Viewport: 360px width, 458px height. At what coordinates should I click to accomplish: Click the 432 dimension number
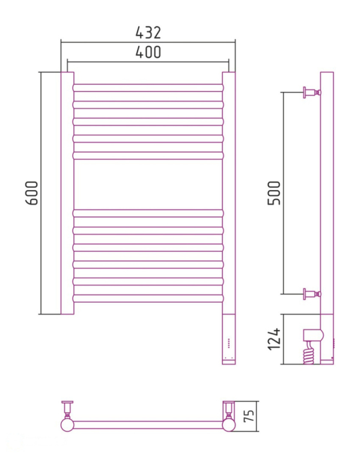coord(148,32)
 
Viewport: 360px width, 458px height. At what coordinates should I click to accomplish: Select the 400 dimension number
coord(148,52)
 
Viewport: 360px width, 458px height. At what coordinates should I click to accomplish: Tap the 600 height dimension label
coord(32,193)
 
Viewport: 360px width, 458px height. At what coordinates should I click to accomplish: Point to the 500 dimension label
coord(274,193)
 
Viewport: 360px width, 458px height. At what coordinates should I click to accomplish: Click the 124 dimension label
coord(274,339)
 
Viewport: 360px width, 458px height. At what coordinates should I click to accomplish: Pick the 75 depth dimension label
coord(249,416)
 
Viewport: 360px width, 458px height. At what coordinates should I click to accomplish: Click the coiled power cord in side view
coord(309,353)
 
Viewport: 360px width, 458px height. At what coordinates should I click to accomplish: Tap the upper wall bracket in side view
coord(312,93)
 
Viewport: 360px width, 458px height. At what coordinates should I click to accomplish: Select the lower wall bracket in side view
coord(312,294)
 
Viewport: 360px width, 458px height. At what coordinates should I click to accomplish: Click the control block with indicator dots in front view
coord(229,339)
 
